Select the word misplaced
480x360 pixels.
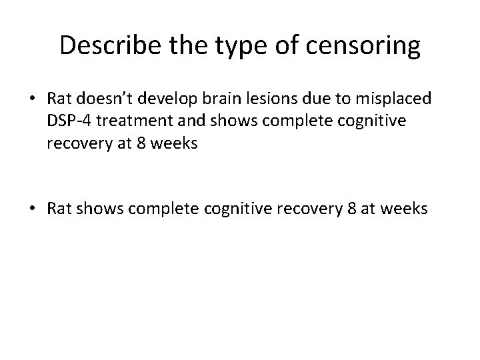[x=399, y=99]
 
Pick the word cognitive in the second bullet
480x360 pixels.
[x=251, y=208]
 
